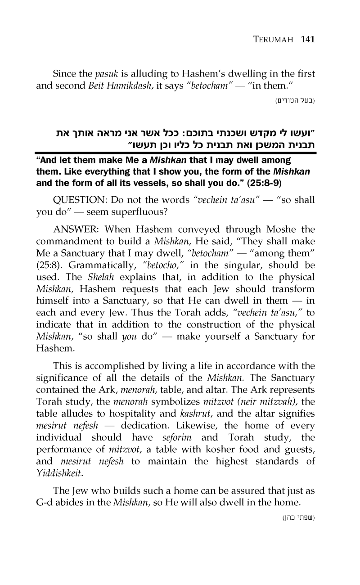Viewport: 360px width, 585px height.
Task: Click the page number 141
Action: (x=307, y=39)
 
